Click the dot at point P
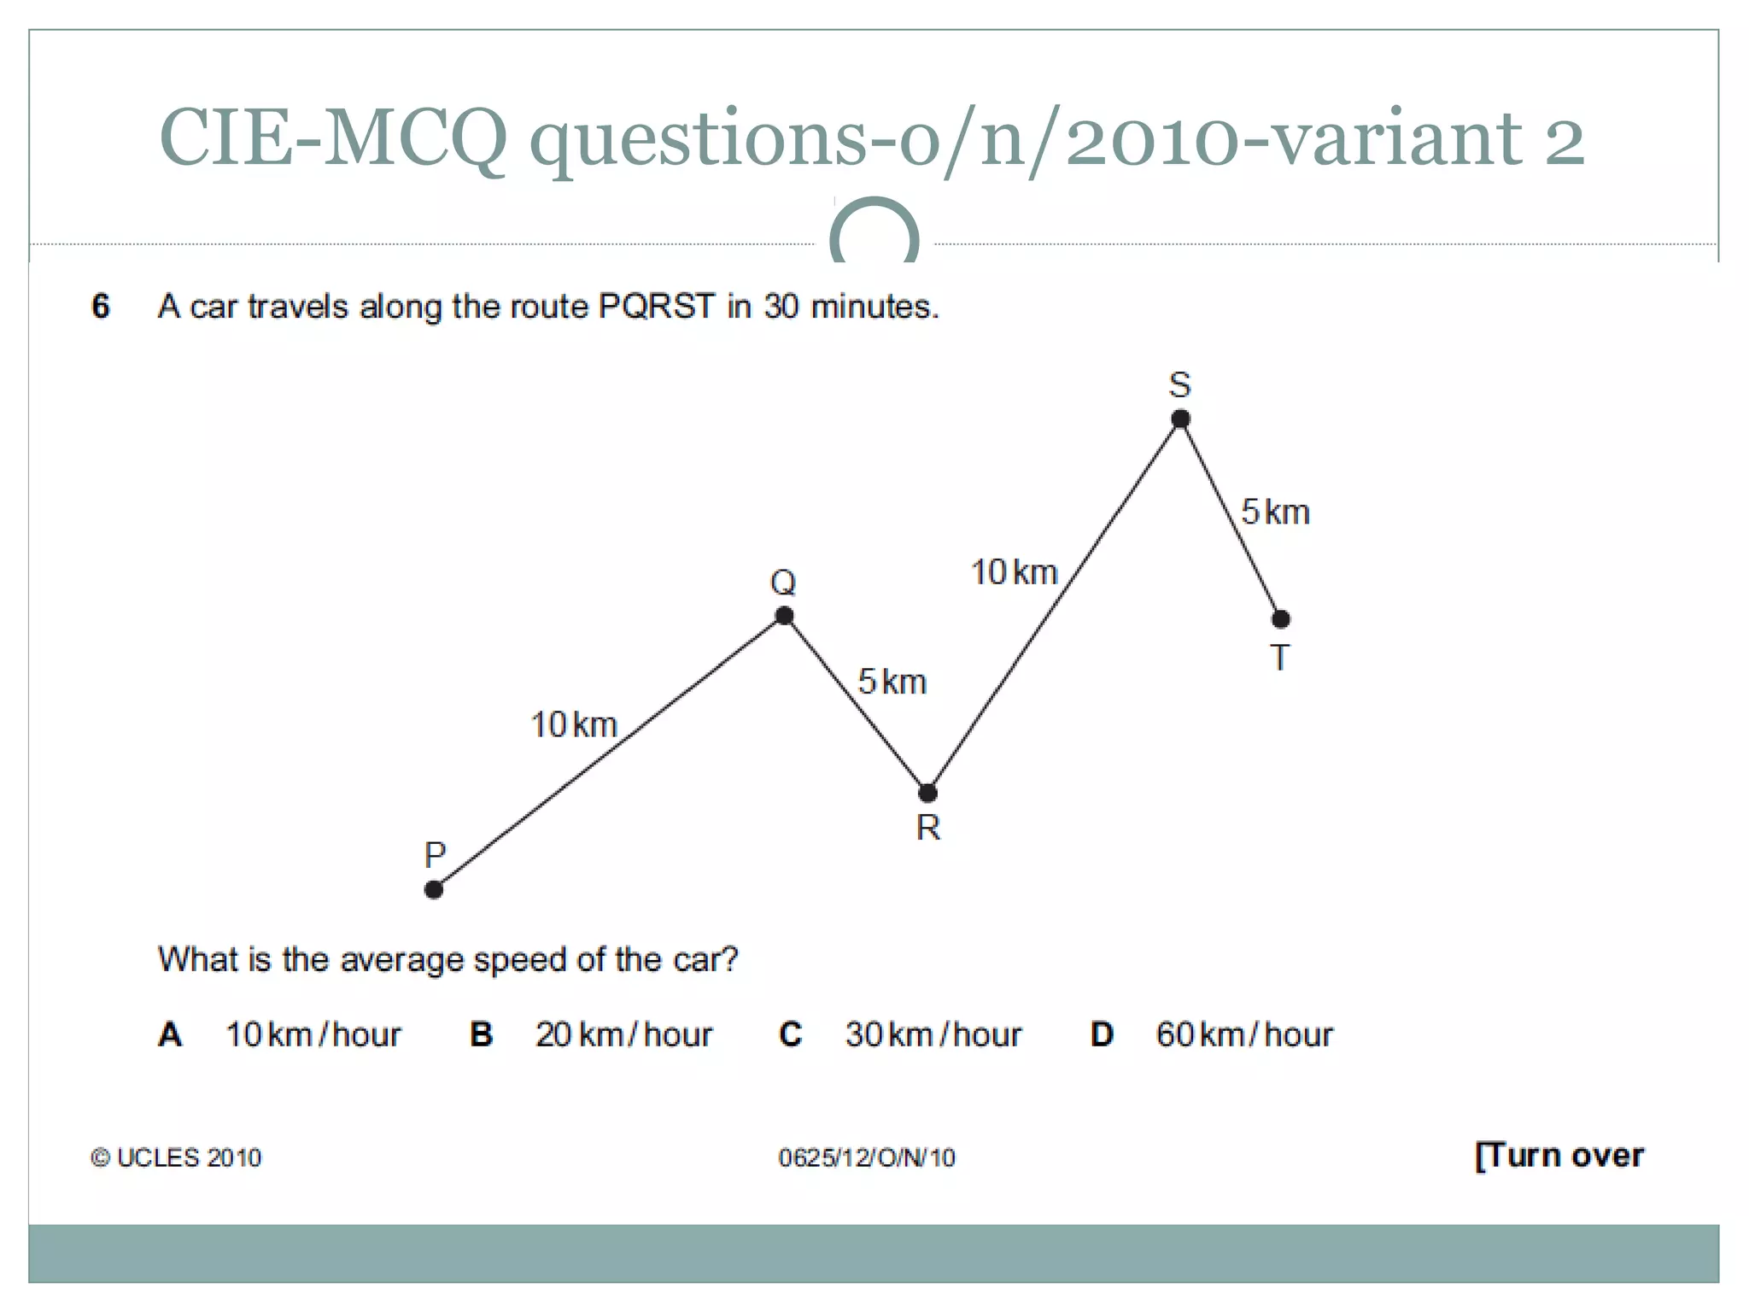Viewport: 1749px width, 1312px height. pos(434,890)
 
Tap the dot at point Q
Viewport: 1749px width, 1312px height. pos(784,616)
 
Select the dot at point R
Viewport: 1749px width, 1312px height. pos(927,793)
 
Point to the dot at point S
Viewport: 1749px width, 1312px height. pos(1180,419)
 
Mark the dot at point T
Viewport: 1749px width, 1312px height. pos(1280,618)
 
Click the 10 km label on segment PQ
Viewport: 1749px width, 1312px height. pos(574,725)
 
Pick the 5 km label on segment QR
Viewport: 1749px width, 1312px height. pos(892,682)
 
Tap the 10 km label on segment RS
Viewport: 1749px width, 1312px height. pos(1015,572)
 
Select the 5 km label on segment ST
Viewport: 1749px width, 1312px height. pos(1275,512)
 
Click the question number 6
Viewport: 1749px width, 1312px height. pos(101,306)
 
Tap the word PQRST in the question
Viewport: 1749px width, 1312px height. pos(656,306)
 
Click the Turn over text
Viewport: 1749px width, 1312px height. pos(1559,1156)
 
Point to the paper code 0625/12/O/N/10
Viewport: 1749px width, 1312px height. pos(866,1157)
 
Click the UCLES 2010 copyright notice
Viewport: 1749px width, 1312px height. pos(176,1157)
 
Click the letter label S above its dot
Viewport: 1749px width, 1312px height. pos(1179,385)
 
